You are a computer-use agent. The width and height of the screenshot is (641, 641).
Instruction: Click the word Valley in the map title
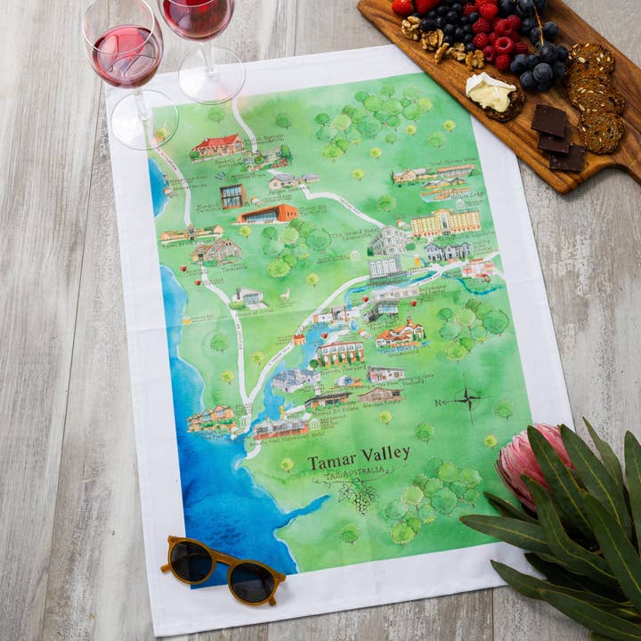tap(387, 453)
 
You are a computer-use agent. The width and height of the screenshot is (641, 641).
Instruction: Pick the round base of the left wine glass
tap(143, 119)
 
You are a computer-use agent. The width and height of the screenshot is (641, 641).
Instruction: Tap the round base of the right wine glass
tap(212, 76)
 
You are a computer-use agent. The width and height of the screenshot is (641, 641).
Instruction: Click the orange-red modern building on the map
tap(267, 214)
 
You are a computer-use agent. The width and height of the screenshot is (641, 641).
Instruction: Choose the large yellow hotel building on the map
tap(445, 223)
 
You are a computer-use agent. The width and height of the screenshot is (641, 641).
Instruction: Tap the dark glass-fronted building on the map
tap(233, 196)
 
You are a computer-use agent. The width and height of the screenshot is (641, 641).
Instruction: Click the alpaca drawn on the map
tap(285, 294)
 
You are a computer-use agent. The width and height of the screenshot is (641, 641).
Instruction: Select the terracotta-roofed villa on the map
tap(400, 334)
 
